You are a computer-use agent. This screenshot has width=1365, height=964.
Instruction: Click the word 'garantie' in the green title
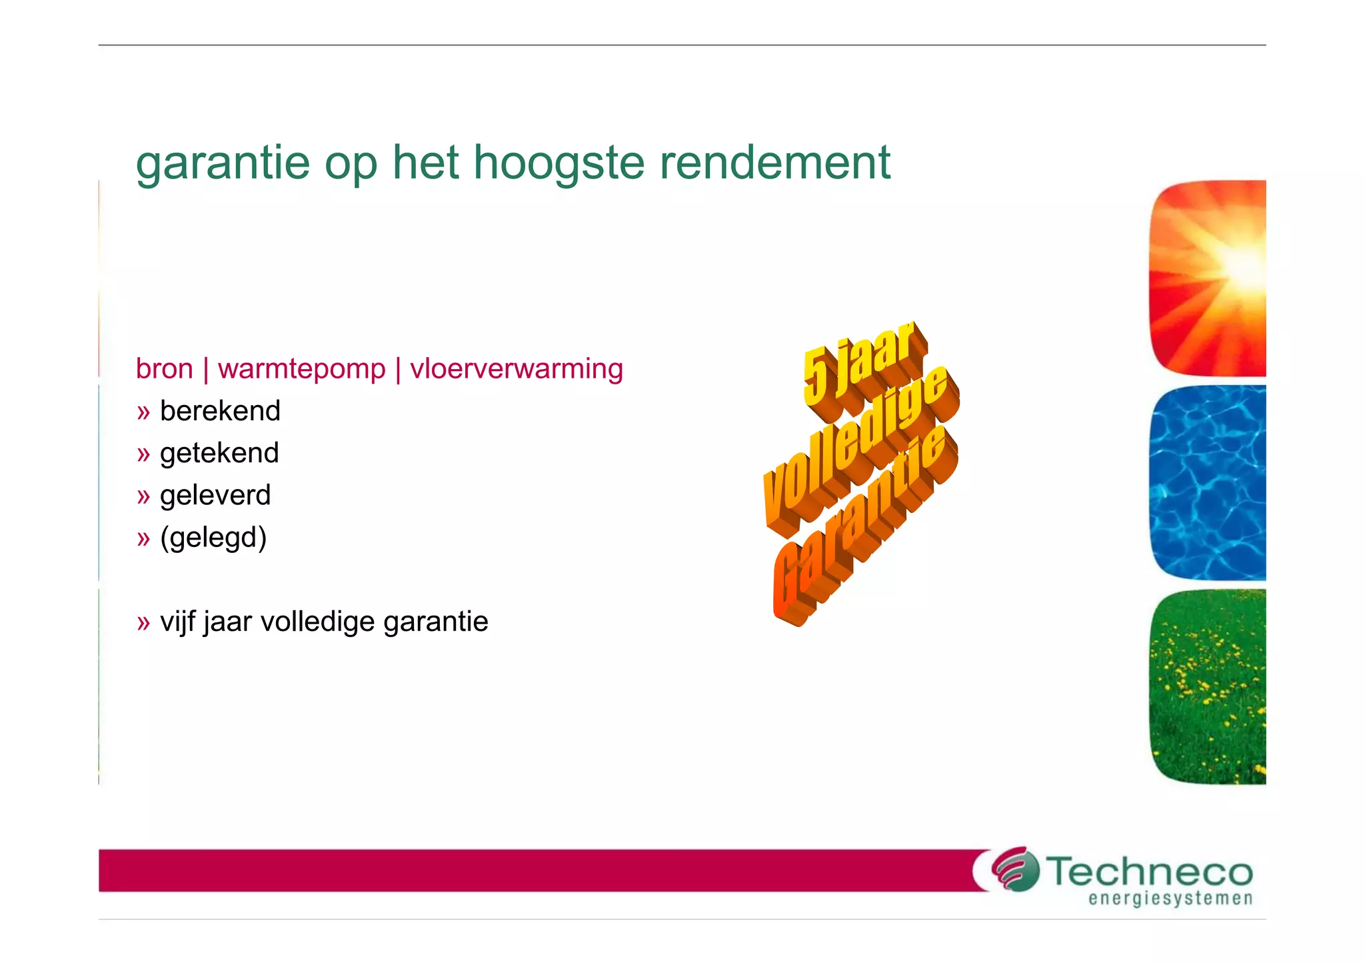(x=223, y=163)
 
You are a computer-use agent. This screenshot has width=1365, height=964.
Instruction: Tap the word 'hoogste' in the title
(x=559, y=163)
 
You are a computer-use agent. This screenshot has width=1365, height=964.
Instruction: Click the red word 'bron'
(x=164, y=369)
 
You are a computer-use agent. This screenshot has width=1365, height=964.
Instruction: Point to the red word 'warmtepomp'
(x=301, y=369)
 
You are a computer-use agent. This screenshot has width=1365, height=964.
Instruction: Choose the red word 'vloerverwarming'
(x=517, y=369)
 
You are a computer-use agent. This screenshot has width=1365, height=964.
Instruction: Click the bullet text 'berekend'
(x=220, y=411)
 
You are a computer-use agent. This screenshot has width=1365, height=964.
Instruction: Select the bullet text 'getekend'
(x=219, y=453)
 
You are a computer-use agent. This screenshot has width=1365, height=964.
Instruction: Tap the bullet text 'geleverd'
(x=215, y=495)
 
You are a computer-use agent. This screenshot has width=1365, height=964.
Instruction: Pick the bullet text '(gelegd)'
(x=213, y=538)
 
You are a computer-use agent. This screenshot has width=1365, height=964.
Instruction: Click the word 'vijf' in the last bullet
(x=178, y=622)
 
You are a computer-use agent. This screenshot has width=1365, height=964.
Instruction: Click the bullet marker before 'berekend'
(x=143, y=412)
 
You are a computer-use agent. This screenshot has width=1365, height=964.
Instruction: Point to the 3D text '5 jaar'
(x=860, y=366)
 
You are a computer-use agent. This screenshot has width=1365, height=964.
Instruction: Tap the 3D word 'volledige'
(x=860, y=446)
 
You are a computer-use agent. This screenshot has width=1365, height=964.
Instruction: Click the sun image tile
(x=1208, y=278)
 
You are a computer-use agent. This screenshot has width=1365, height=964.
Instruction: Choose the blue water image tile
(x=1208, y=483)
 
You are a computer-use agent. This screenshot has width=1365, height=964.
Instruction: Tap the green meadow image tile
(x=1208, y=687)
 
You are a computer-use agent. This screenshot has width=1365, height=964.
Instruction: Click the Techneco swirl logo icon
(x=1014, y=869)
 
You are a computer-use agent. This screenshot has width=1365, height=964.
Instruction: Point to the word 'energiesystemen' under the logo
(x=1170, y=899)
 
